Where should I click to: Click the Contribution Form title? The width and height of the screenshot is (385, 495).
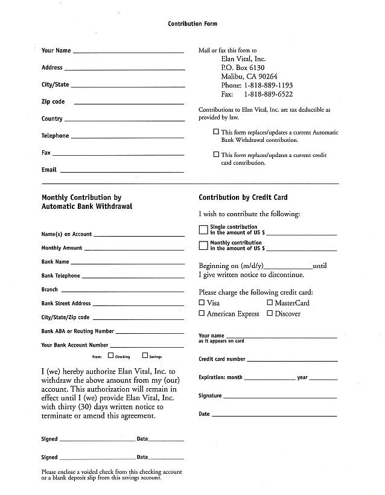click(192, 24)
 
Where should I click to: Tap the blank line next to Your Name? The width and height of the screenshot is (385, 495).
click(128, 52)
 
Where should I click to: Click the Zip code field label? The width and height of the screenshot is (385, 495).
click(53, 102)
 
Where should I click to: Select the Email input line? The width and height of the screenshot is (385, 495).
click(122, 171)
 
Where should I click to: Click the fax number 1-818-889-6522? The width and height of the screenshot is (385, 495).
click(268, 94)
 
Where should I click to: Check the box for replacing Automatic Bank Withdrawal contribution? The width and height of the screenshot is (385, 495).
click(216, 132)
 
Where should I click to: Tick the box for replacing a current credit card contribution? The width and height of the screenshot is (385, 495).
click(216, 155)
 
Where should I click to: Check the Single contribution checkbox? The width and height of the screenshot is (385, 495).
click(203, 229)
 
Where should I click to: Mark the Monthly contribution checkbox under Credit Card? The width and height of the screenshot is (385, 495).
click(203, 245)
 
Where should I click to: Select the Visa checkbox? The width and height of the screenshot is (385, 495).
click(202, 302)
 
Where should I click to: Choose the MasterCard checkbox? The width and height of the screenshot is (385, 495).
click(270, 302)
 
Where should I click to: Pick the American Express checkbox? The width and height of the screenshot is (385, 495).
click(202, 313)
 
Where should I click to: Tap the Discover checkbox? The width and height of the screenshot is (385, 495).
click(270, 313)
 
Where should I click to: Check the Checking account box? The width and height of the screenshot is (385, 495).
click(110, 356)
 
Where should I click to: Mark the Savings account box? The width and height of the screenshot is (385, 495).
click(145, 356)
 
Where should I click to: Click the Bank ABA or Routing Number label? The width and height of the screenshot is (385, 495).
click(77, 331)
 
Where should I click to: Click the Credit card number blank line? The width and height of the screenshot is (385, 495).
click(292, 360)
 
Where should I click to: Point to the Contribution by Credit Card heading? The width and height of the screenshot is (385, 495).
click(243, 197)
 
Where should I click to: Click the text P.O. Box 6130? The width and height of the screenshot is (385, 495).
click(243, 68)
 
